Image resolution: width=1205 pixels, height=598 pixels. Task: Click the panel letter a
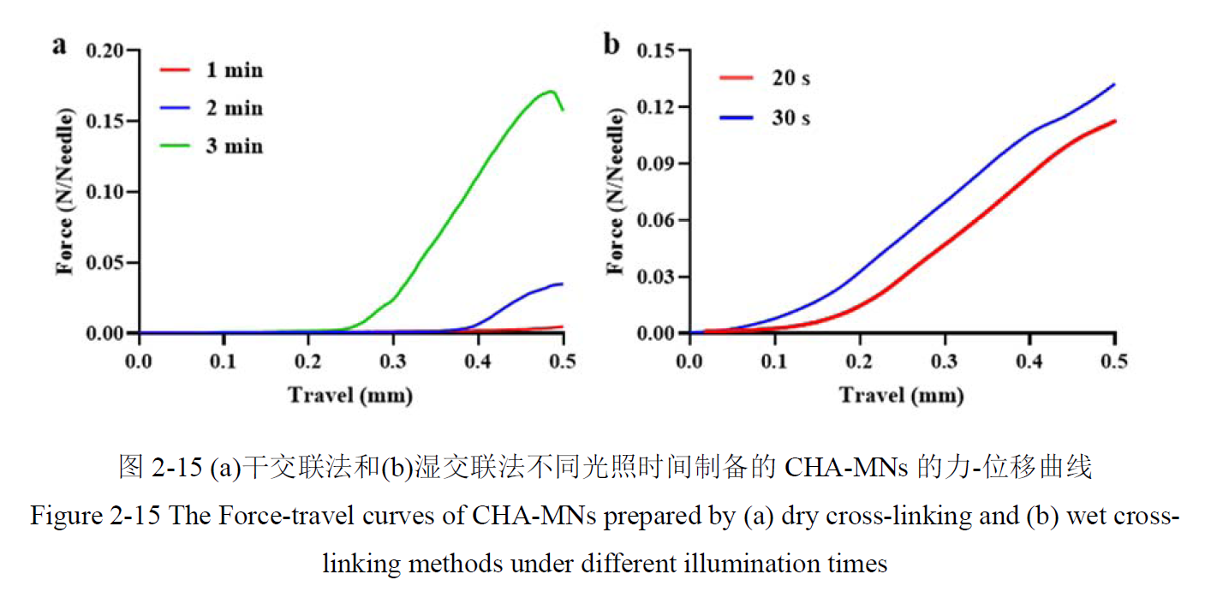59,45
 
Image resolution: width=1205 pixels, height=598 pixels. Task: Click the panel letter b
611,45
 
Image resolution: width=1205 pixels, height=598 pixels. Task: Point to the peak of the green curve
550,91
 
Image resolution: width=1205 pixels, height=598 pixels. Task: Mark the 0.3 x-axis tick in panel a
392,360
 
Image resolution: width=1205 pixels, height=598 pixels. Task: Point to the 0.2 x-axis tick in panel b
859,360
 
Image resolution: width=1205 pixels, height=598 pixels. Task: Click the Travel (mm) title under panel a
350,395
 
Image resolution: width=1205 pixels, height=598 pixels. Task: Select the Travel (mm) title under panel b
901,395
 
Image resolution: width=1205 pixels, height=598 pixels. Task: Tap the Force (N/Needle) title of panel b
614,191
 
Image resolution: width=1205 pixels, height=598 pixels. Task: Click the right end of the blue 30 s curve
1113,84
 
